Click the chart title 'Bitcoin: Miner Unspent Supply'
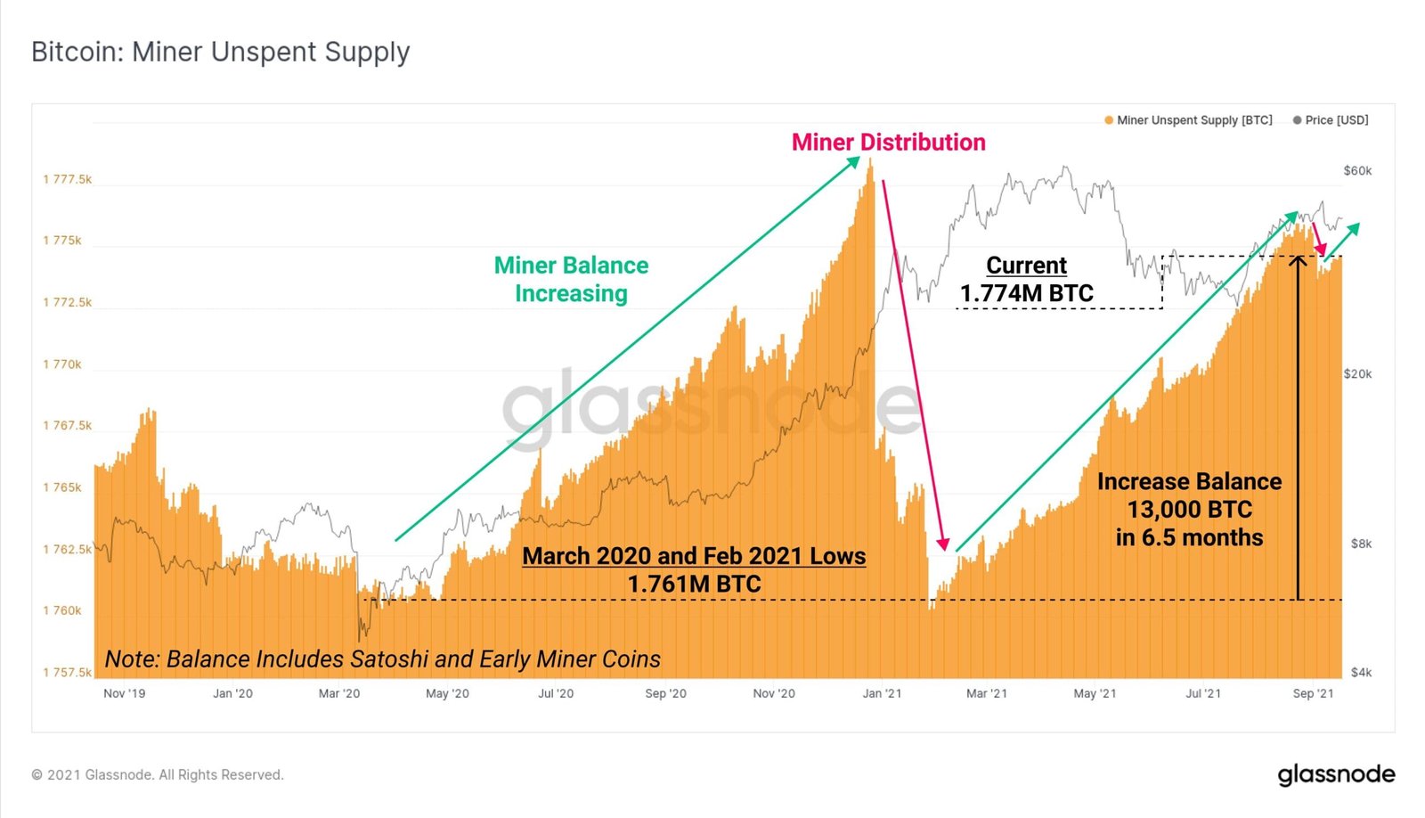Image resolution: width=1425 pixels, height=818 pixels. coord(220,52)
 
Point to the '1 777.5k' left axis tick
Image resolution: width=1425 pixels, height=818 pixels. coord(67,179)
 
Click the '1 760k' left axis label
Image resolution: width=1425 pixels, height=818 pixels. coord(61,610)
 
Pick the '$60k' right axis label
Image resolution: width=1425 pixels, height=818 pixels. coord(1357,171)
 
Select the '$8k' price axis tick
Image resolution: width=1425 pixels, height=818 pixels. coord(1361,544)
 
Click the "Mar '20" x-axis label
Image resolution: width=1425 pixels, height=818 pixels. coord(339,693)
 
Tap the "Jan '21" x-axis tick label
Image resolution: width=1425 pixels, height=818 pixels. coord(882,693)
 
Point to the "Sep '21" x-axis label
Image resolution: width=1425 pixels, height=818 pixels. coord(1313,693)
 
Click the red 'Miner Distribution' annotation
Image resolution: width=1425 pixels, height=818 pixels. coord(888,143)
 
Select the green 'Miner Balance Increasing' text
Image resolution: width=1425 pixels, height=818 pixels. coord(571,279)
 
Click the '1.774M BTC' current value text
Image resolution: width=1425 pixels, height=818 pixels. coord(1026,293)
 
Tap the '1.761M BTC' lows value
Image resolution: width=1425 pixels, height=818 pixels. coord(694,585)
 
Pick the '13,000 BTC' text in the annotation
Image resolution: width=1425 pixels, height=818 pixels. coord(1189,510)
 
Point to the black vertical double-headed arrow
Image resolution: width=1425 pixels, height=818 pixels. coord(1299,428)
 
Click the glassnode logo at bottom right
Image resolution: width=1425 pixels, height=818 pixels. coord(1336,774)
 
